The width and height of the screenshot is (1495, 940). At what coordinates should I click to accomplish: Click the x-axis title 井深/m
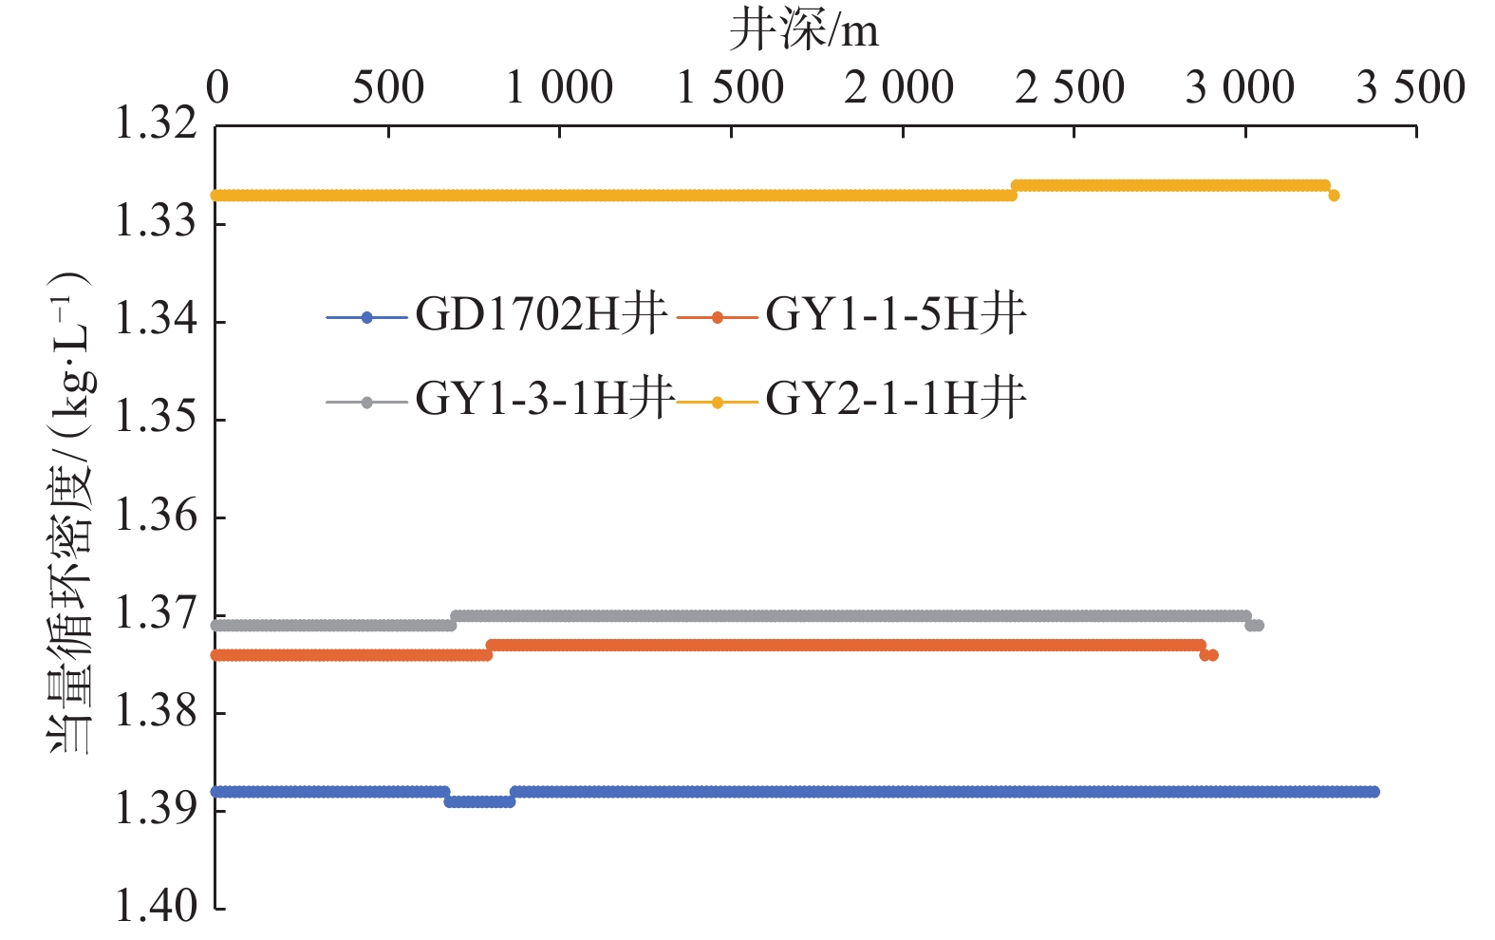pyautogui.click(x=803, y=32)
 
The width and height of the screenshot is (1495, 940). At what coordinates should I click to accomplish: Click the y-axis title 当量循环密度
pyautogui.click(x=70, y=513)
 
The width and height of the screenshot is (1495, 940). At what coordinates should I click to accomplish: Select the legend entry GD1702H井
pyautogui.click(x=541, y=314)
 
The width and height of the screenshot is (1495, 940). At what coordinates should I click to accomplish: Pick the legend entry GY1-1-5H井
pyautogui.click(x=895, y=314)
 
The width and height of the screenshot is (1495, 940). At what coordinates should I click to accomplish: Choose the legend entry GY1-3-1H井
pyautogui.click(x=545, y=399)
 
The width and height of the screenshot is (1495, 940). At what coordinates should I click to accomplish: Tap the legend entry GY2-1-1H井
pyautogui.click(x=895, y=399)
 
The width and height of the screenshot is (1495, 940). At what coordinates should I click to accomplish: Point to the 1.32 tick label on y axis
pyautogui.click(x=156, y=124)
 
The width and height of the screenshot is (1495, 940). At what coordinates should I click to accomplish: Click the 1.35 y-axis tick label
pyautogui.click(x=156, y=418)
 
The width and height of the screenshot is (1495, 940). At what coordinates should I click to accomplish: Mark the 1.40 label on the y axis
pyautogui.click(x=156, y=907)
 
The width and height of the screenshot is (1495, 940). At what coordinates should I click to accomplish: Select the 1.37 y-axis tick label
pyautogui.click(x=156, y=613)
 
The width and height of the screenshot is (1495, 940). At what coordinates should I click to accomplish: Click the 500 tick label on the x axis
pyautogui.click(x=388, y=88)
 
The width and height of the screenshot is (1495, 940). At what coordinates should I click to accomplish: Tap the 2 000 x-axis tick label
pyautogui.click(x=899, y=88)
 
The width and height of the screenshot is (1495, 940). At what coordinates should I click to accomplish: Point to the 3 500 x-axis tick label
pyautogui.click(x=1411, y=88)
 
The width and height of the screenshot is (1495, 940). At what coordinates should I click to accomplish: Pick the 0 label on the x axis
pyautogui.click(x=217, y=88)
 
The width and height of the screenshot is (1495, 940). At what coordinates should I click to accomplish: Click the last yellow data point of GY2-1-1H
pyautogui.click(x=1334, y=196)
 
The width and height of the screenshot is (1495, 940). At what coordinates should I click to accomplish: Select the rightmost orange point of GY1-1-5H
pyautogui.click(x=1213, y=655)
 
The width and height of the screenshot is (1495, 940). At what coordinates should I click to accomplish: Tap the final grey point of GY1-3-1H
pyautogui.click(x=1259, y=625)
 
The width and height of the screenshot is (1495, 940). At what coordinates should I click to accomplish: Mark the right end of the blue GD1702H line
pyautogui.click(x=1374, y=792)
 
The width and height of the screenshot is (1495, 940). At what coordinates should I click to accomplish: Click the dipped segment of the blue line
pyautogui.click(x=479, y=801)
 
